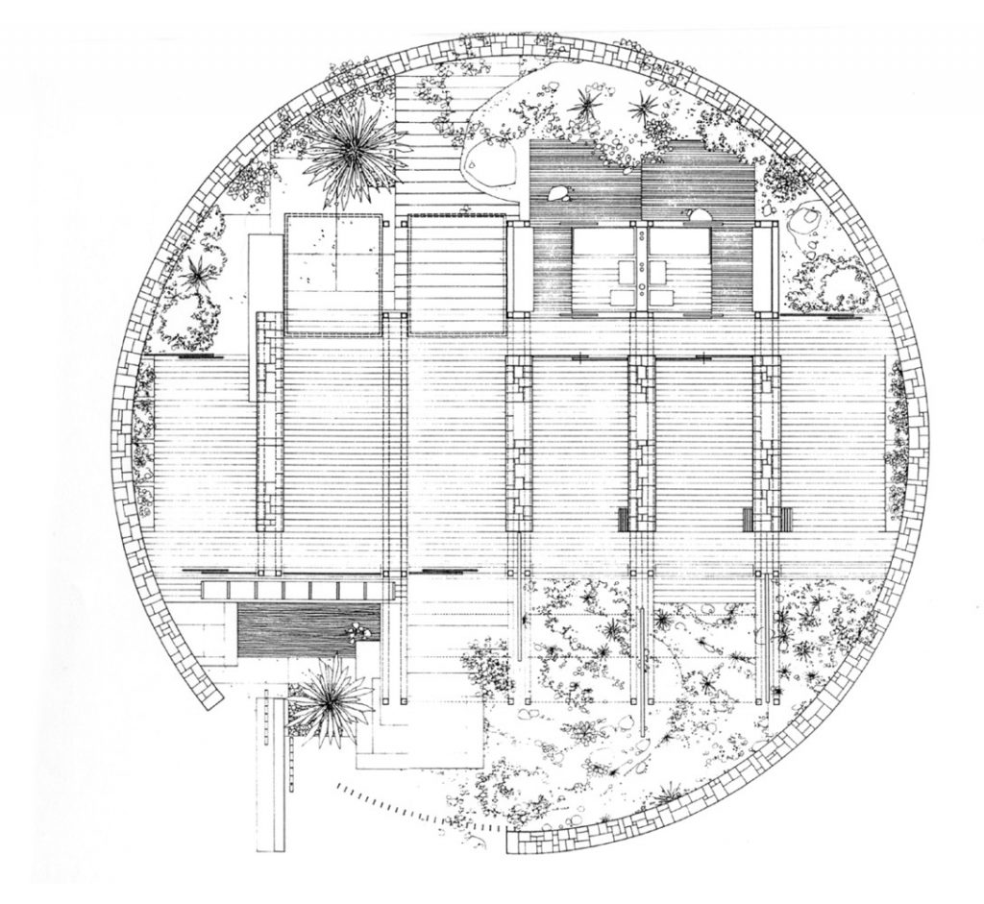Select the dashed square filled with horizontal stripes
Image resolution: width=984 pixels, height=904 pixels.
click(x=456, y=275)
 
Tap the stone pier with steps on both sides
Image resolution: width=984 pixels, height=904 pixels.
click(x=766, y=442)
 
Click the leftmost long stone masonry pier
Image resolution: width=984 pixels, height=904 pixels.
click(x=270, y=423)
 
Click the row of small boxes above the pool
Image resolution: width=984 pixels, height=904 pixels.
click(x=293, y=588)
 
